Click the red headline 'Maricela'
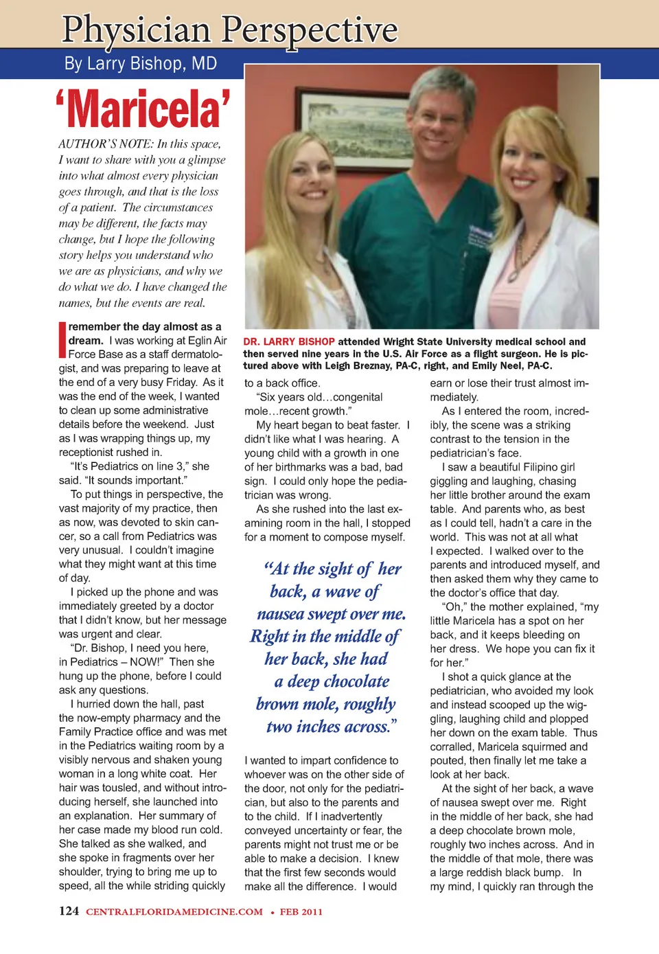point(143,110)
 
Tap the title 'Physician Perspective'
point(229,30)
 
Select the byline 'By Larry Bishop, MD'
point(141,64)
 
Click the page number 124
point(69,911)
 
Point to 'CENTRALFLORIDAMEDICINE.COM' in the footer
point(174,912)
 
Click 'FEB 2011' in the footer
point(301,912)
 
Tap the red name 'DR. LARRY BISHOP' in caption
point(289,341)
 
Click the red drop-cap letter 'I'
point(62,340)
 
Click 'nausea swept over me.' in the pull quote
point(332,614)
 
